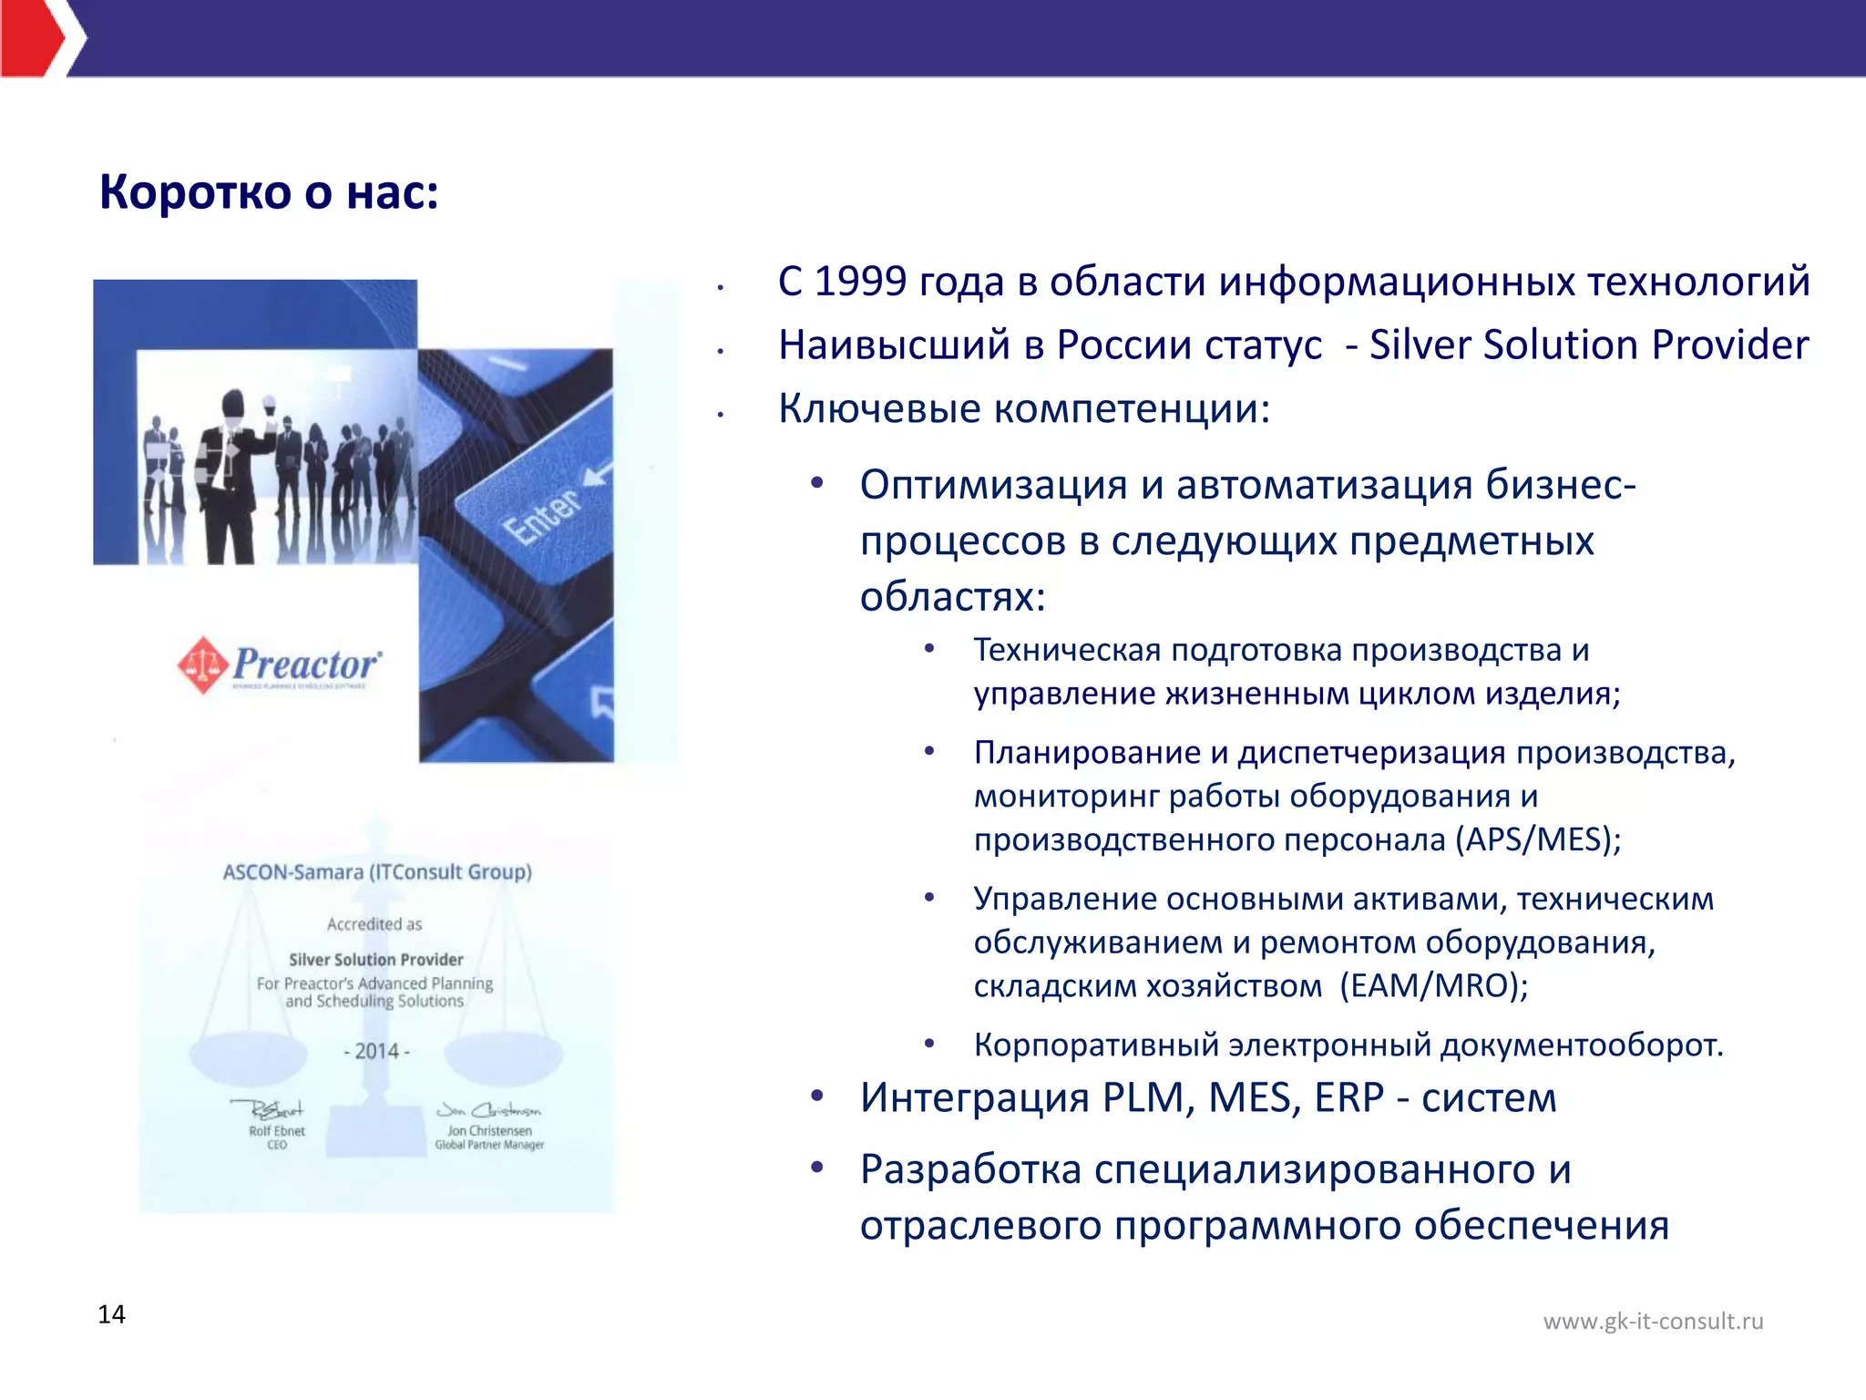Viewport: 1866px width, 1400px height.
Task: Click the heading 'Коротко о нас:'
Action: point(269,192)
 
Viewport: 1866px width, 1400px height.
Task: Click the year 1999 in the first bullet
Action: point(860,282)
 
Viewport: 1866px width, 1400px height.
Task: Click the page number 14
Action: point(111,1314)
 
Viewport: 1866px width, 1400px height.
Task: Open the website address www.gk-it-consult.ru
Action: point(1653,1322)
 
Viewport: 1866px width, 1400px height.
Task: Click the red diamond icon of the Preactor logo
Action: point(202,665)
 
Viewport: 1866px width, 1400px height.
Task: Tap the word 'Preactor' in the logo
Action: point(306,664)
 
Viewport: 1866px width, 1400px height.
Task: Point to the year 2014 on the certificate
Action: point(377,1052)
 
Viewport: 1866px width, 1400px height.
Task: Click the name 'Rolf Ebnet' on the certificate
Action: point(277,1131)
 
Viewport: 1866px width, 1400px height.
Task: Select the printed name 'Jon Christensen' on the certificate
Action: point(489,1131)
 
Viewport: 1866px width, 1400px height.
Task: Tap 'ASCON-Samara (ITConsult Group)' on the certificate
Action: point(377,872)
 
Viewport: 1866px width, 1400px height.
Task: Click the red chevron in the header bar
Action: point(36,38)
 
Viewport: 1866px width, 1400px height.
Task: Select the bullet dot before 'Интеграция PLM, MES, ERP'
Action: point(817,1096)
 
